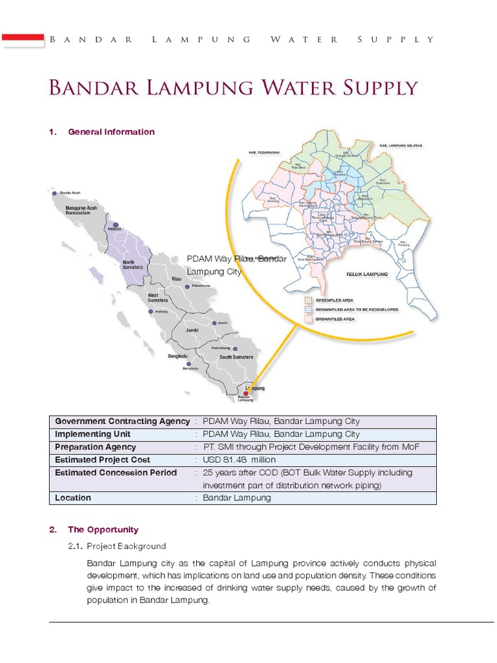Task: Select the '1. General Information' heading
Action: click(102, 132)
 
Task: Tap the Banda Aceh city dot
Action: click(54, 193)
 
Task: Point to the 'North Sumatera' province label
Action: click(133, 265)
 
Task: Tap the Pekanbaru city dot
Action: click(187, 286)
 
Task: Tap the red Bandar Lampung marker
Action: click(245, 392)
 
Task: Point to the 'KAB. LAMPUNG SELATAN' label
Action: click(401, 146)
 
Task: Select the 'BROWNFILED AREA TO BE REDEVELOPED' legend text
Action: click(357, 309)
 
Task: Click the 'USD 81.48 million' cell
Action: click(230, 460)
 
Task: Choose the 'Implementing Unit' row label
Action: click(93, 434)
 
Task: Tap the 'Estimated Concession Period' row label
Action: click(116, 473)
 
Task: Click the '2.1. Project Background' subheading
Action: click(126, 546)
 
